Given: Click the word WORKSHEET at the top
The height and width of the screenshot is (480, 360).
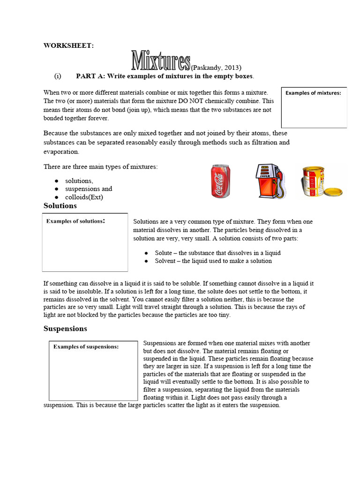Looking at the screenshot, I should [68, 45].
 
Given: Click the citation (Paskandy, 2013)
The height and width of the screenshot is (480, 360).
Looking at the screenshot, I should [216, 67].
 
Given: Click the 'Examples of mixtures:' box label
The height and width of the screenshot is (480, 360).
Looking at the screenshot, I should [313, 93].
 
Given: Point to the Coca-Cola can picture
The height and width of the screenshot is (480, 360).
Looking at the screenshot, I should [220, 180].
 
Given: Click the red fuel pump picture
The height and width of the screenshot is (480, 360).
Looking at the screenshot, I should [270, 180].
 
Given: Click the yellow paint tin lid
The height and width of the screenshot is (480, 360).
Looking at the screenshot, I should [333, 192].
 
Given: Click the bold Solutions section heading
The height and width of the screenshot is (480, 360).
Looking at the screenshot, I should [60, 206].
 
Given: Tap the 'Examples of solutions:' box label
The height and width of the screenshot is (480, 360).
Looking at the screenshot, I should [75, 221].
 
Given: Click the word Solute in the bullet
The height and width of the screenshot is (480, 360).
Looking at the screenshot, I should [164, 253].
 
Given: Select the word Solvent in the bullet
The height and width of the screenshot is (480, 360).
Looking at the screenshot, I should [165, 261].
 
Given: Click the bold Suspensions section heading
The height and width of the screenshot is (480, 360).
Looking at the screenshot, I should [65, 329].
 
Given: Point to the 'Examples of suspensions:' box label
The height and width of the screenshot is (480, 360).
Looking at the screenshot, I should [86, 347].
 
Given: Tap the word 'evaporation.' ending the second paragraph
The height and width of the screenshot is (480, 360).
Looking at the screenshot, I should [61, 151].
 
